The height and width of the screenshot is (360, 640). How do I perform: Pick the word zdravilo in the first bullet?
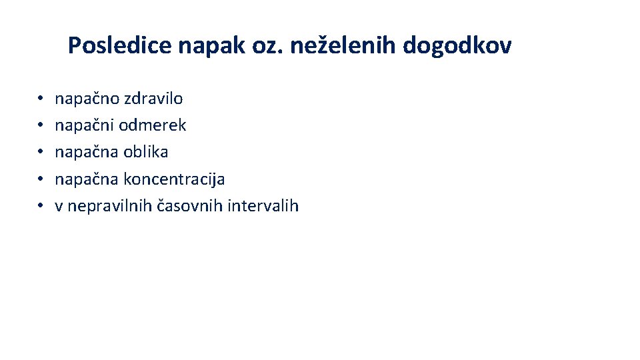[x=153, y=99]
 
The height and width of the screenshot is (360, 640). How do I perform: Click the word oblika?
[x=146, y=152]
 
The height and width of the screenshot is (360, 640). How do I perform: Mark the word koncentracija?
[x=174, y=179]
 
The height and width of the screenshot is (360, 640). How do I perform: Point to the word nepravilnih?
[x=110, y=206]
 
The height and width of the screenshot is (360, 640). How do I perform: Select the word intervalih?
[x=263, y=206]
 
